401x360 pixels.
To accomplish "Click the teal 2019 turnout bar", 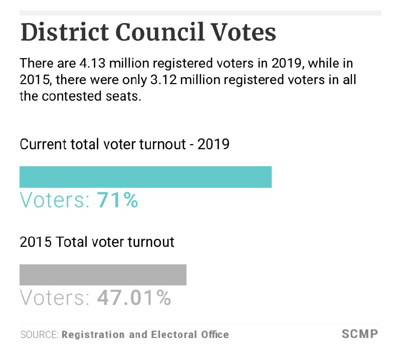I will point(145,177).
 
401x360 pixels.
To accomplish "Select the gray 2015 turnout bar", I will point(103,275).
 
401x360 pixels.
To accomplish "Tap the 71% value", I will point(117,200).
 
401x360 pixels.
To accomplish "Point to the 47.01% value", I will point(134,298).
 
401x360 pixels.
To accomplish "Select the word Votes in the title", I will point(246,33).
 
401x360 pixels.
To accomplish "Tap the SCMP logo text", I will point(359,334).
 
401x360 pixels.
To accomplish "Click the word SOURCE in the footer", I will point(39,334).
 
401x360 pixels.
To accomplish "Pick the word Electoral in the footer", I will point(170,334).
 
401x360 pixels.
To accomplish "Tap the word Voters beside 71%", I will point(55,200).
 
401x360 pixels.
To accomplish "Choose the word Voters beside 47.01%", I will point(55,298).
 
